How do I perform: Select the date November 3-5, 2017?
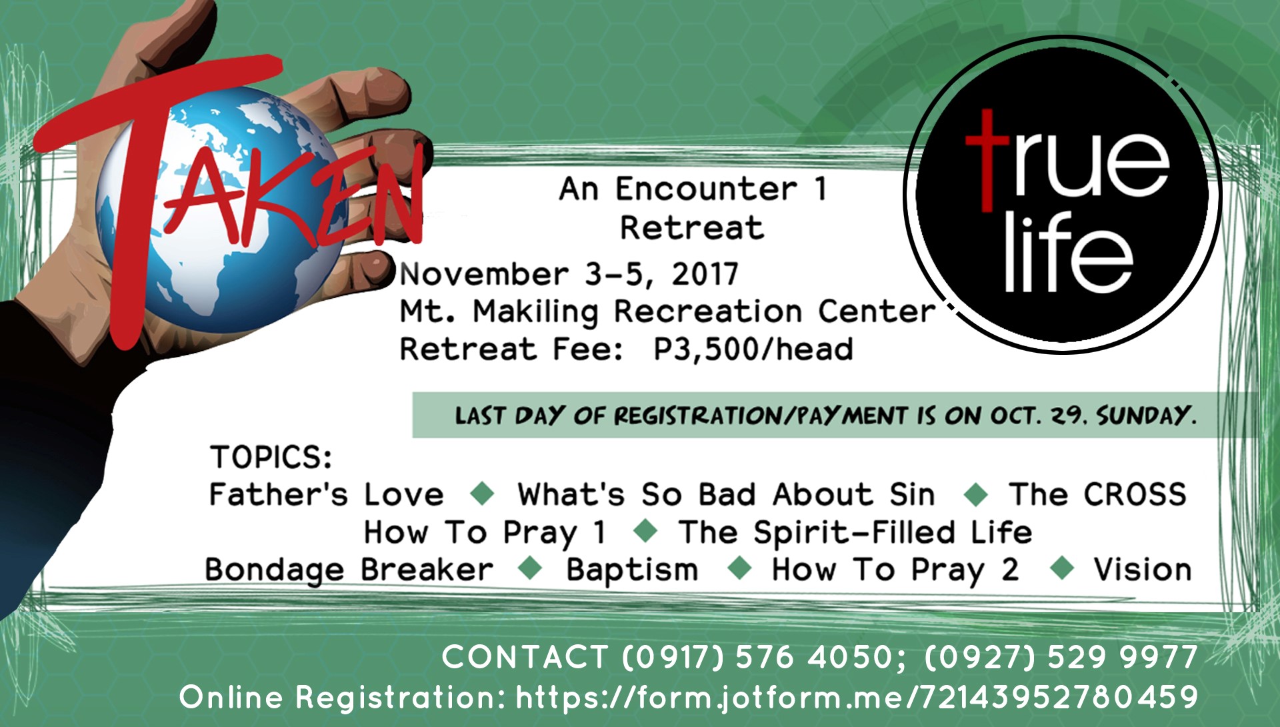point(569,274)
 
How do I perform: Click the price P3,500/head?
point(753,349)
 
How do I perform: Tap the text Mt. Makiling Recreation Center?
point(667,311)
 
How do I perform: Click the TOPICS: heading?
point(271,458)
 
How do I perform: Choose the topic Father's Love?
point(326,495)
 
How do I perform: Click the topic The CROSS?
point(1097,494)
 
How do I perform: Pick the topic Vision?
point(1143,570)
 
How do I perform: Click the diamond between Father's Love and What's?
point(482,494)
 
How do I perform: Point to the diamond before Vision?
point(1061,569)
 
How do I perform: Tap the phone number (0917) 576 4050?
point(757,657)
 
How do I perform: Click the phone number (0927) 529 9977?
point(1061,657)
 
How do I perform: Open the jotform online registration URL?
point(857,698)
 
